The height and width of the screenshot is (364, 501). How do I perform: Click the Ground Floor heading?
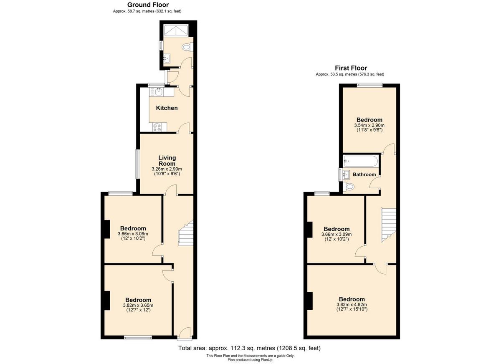point(148,5)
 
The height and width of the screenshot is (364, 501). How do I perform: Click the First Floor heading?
point(351,68)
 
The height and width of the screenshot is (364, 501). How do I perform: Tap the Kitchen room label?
point(167,108)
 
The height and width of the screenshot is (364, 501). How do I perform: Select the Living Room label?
point(167,161)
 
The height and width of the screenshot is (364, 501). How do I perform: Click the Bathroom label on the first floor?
point(364,174)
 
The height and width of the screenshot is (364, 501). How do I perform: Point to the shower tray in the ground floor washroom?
point(176,30)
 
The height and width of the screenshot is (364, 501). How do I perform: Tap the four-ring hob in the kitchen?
point(158,128)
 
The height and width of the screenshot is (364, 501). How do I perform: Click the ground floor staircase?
point(186,233)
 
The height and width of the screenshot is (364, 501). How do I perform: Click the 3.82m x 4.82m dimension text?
point(352,305)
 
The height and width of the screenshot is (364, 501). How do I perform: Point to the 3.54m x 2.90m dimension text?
point(369,125)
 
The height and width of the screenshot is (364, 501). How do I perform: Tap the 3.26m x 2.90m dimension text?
point(167,169)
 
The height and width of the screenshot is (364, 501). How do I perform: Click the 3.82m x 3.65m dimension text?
point(138,305)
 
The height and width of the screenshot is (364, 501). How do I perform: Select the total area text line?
point(249,348)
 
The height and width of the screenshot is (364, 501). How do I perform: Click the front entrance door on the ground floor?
point(184,333)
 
